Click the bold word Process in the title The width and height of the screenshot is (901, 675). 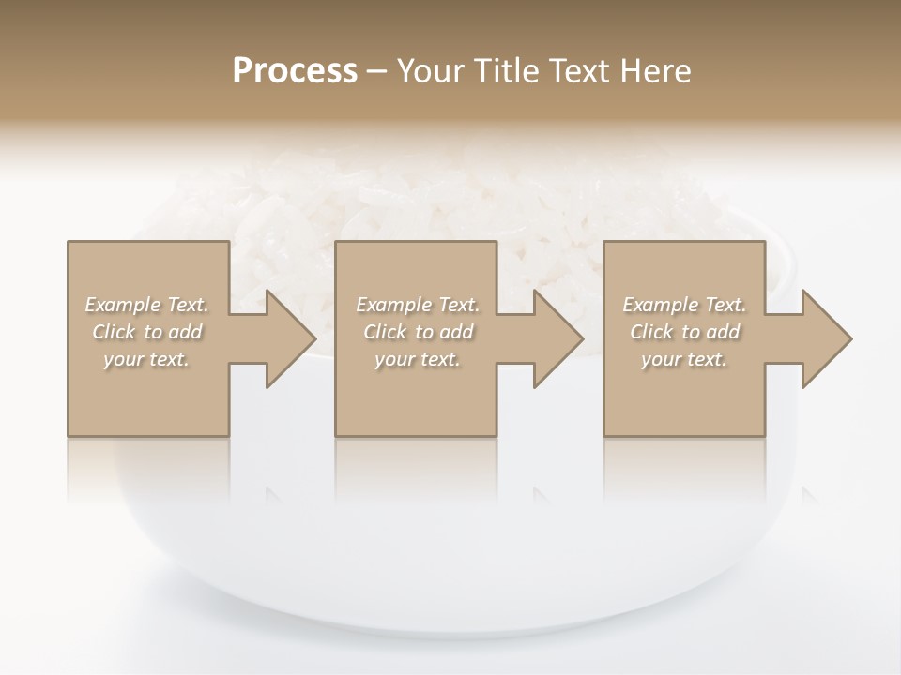point(295,71)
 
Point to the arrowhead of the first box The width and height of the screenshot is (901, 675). point(289,338)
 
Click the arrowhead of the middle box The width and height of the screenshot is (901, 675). point(557,338)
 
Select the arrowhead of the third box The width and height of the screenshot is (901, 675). point(825,338)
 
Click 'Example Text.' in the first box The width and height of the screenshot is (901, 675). point(146,305)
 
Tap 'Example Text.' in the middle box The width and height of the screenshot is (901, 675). point(418,305)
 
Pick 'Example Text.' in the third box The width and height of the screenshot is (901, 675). point(684,305)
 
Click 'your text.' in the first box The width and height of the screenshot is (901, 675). point(146,359)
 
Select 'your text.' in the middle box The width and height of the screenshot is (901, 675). point(418,359)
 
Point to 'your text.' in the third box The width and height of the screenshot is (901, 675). point(684,359)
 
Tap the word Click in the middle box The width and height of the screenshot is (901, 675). point(385,332)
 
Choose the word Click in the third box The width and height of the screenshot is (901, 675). point(651,332)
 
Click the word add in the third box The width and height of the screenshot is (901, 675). point(723,332)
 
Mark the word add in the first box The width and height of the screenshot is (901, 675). point(185,332)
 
